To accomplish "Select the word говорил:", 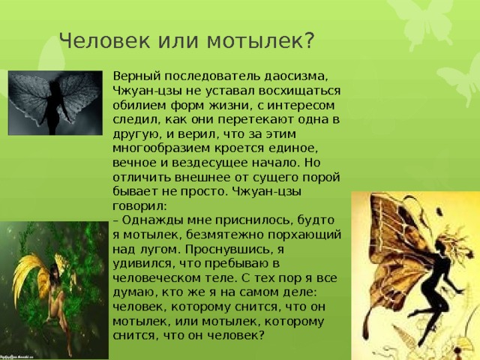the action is [x=139, y=206].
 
